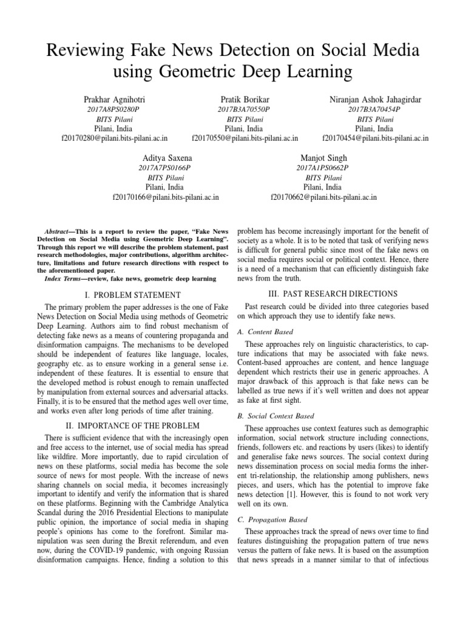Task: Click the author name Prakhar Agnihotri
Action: click(114, 99)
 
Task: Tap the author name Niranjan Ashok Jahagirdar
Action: click(375, 99)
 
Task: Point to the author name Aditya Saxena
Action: click(166, 157)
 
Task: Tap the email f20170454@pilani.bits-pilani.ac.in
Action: click(375, 138)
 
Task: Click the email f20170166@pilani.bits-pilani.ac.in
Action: click(166, 197)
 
